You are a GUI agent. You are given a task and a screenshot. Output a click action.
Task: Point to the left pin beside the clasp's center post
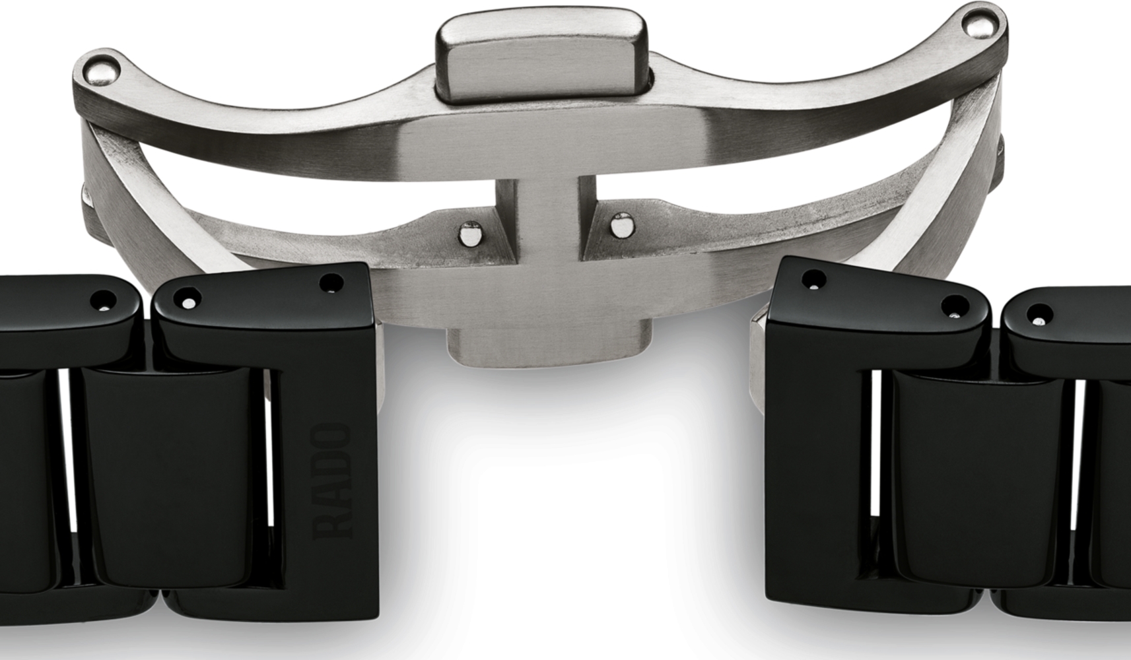(x=470, y=234)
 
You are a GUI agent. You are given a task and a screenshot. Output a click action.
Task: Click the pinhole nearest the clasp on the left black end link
(x=333, y=282)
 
